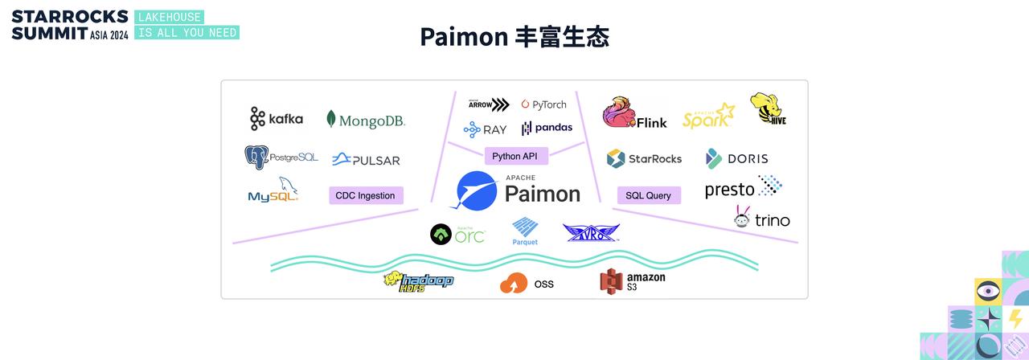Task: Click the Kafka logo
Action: pyautogui.click(x=276, y=119)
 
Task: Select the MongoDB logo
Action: pyautogui.click(x=366, y=121)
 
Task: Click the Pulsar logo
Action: pyautogui.click(x=366, y=160)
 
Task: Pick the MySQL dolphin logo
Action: pyautogui.click(x=273, y=191)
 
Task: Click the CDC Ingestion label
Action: pyautogui.click(x=366, y=195)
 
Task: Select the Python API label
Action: pyautogui.click(x=515, y=156)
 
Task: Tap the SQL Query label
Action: pyautogui.click(x=649, y=195)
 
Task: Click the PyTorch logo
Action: pyautogui.click(x=543, y=104)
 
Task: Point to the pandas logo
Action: pyautogui.click(x=547, y=128)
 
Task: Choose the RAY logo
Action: pyautogui.click(x=485, y=129)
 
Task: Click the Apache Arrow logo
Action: pyautogui.click(x=489, y=104)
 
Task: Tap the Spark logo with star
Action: pyautogui.click(x=708, y=116)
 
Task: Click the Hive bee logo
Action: pyautogui.click(x=768, y=109)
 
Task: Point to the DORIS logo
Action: pyautogui.click(x=736, y=158)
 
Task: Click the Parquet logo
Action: pyautogui.click(x=525, y=231)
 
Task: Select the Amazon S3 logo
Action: pyautogui.click(x=632, y=281)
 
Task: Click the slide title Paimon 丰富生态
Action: pyautogui.click(x=514, y=37)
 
